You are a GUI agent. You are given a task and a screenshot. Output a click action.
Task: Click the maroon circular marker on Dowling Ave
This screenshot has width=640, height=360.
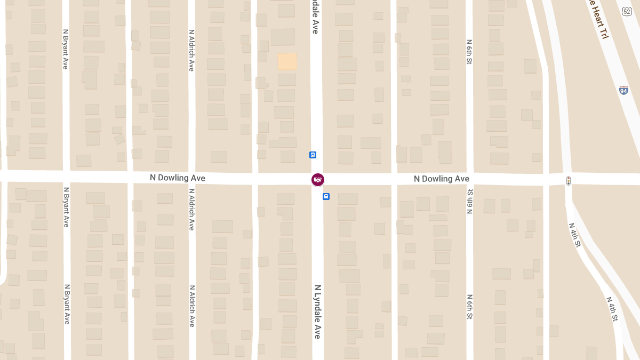(x=318, y=180)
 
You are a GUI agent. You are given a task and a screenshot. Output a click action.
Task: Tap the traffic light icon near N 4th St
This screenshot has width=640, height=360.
(x=569, y=180)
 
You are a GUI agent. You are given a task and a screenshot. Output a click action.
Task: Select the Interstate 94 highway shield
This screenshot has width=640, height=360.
(x=623, y=90)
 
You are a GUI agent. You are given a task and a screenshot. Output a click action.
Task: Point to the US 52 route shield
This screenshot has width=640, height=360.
(x=627, y=11)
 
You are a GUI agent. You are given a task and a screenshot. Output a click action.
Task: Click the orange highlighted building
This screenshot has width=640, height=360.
(x=287, y=61)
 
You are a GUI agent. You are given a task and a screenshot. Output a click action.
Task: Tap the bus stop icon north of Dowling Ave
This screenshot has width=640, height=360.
(x=313, y=155)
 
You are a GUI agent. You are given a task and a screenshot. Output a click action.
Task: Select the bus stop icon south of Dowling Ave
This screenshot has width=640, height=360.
(x=326, y=196)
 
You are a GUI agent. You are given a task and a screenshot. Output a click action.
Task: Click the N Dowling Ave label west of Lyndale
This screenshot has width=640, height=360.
(x=178, y=178)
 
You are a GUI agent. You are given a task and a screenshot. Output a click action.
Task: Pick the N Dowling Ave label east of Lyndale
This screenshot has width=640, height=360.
(x=442, y=179)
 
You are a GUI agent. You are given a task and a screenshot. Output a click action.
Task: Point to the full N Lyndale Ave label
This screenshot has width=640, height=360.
(x=317, y=311)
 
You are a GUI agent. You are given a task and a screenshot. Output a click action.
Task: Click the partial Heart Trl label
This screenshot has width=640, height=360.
(x=598, y=19)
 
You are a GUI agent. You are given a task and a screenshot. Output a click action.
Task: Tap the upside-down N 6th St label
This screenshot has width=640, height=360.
(x=470, y=201)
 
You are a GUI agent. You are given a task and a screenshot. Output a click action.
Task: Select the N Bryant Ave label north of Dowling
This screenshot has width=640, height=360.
(x=66, y=49)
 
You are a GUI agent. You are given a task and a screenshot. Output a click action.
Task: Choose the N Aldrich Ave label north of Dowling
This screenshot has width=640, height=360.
(x=191, y=50)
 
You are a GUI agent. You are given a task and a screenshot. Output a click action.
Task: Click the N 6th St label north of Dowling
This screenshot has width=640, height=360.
(x=469, y=52)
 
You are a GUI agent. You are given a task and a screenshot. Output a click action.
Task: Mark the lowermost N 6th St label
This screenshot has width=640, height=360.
(x=470, y=307)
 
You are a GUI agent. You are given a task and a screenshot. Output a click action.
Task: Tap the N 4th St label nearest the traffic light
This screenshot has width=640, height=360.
(x=575, y=235)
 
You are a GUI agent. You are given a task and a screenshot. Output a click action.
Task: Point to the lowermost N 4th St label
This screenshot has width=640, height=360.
(x=612, y=309)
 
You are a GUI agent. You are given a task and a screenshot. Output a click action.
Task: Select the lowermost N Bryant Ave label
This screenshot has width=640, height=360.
(x=67, y=304)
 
